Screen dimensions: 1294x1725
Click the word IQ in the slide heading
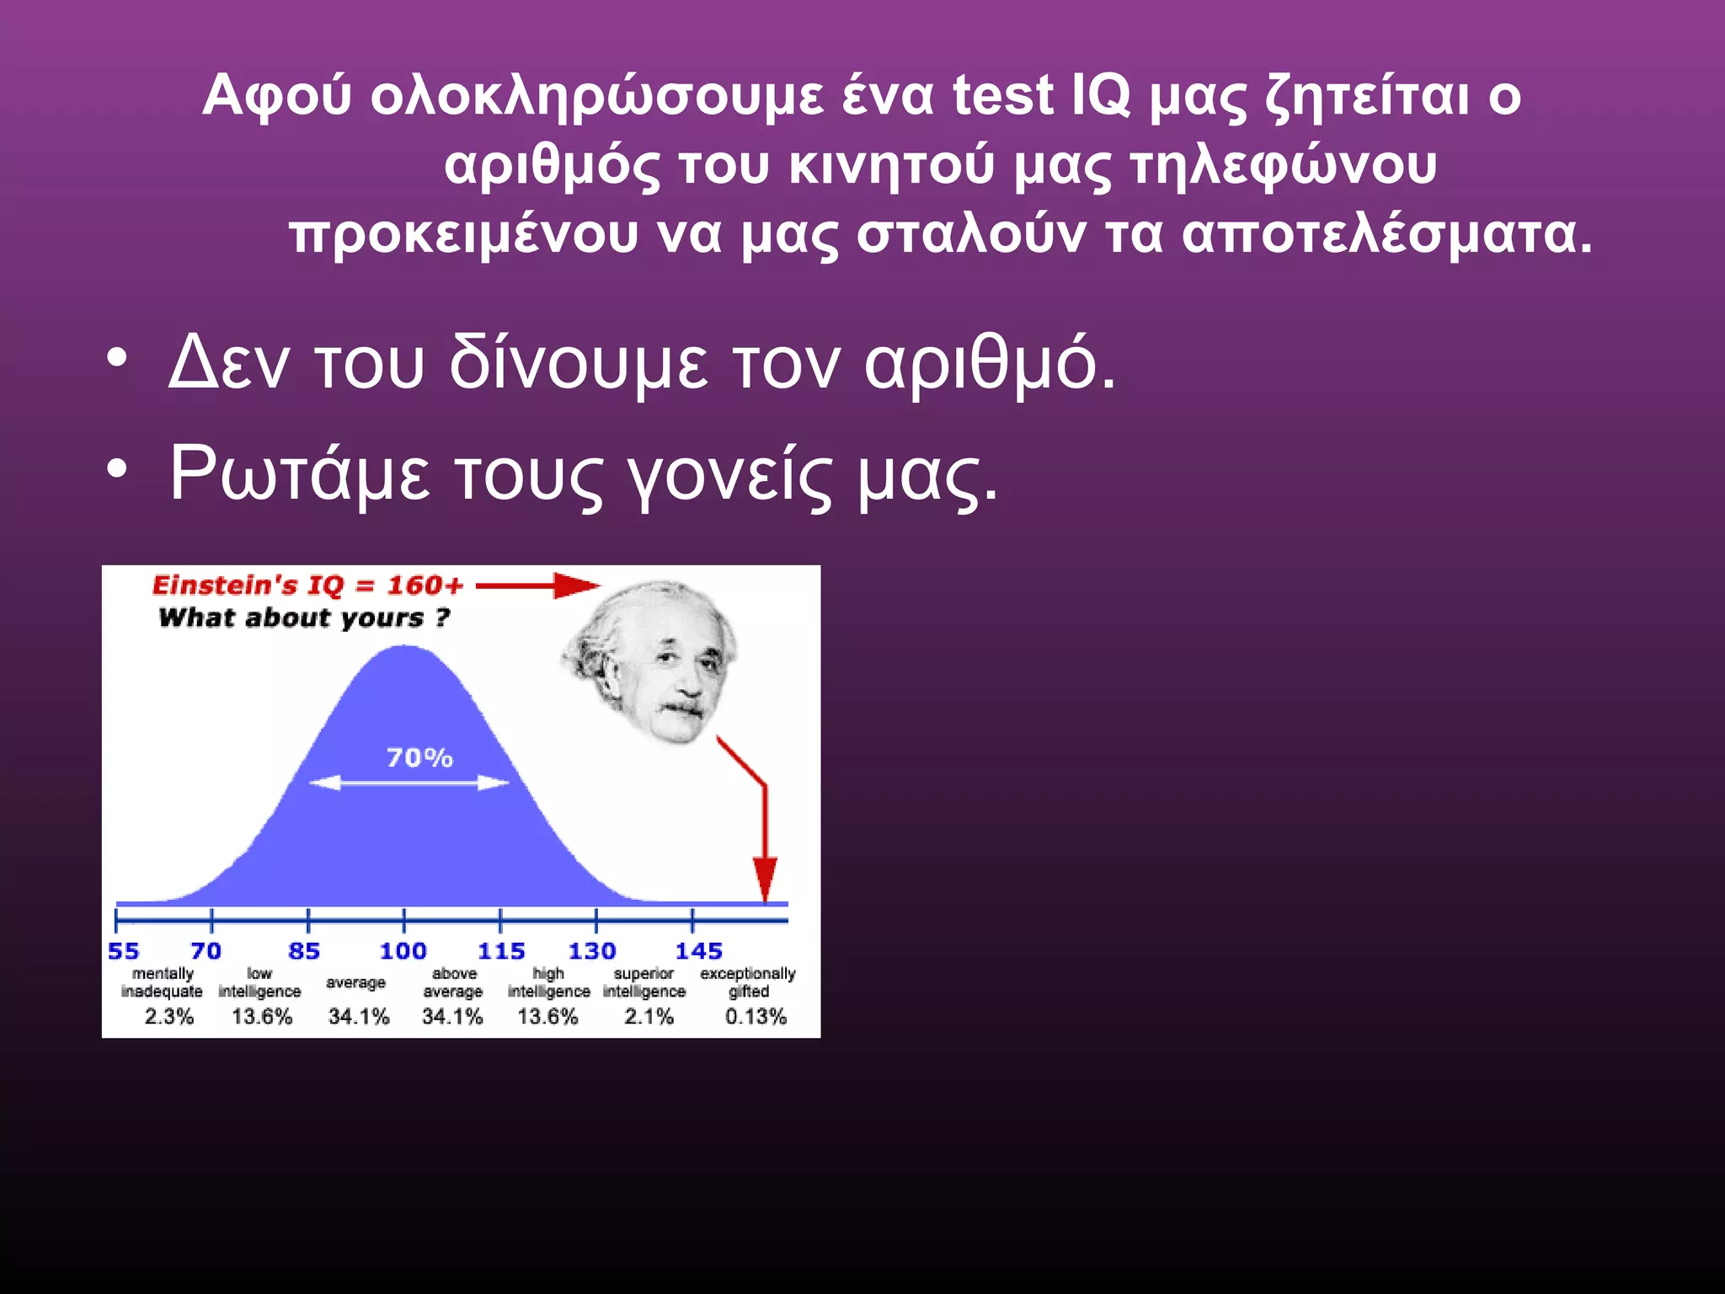coord(1100,94)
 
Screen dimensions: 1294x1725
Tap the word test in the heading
coord(1002,94)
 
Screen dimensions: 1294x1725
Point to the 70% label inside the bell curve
coord(419,758)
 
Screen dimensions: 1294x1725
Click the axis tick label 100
coord(403,951)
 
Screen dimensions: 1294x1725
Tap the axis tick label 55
coord(124,951)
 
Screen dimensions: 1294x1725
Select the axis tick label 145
coord(698,951)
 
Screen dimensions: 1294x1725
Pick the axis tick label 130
coord(591,951)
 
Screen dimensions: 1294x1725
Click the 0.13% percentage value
coord(756,1017)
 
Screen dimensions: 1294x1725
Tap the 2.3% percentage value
coord(168,1017)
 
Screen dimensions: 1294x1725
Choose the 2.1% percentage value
coord(649,1017)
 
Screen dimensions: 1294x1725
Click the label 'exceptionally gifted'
coord(748,982)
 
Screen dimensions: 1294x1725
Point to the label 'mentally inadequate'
coord(162,982)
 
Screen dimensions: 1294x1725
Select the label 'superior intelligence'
coord(644,982)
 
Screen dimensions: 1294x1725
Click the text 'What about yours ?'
coord(304,618)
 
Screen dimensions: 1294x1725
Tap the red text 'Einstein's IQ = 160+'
coord(307,586)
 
